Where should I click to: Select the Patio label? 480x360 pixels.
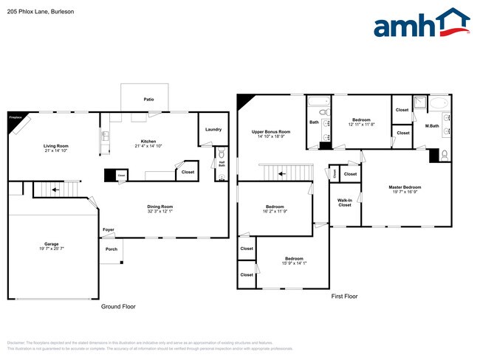[148, 98]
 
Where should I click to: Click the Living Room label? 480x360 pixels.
[55, 146]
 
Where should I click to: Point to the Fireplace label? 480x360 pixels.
[15, 117]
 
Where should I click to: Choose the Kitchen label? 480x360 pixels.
[148, 142]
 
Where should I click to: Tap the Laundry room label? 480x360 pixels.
[213, 129]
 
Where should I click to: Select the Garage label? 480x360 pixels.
[51, 243]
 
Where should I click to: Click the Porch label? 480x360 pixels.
[112, 249]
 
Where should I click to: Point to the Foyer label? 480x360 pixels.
[109, 230]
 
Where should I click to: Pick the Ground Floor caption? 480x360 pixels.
[118, 306]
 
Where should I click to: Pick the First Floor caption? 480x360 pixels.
[344, 296]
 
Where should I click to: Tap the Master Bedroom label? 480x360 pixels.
[405, 187]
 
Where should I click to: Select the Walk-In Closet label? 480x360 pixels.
[345, 202]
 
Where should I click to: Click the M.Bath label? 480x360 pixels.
[433, 126]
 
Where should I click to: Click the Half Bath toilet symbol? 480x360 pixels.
[222, 154]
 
